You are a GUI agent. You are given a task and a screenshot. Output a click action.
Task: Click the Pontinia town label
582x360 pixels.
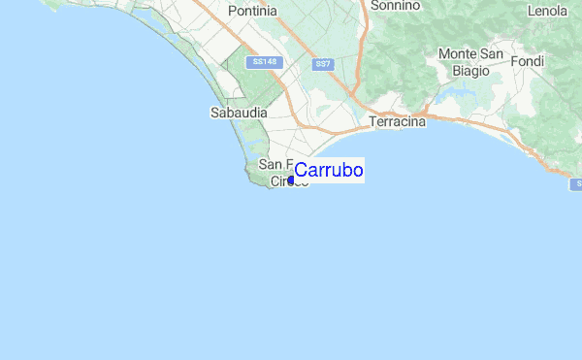click(x=252, y=11)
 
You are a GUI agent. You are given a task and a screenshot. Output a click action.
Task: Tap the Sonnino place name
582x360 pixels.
click(x=396, y=5)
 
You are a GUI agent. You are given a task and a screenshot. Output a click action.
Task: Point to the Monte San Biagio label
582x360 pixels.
click(x=470, y=61)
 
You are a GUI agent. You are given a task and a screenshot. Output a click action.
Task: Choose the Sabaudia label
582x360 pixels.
click(x=234, y=113)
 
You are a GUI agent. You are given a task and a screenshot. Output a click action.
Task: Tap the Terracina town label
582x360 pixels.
click(x=398, y=122)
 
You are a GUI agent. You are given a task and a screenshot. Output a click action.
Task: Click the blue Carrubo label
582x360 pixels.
click(x=329, y=171)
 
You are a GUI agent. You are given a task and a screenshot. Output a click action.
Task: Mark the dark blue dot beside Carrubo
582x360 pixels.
click(x=291, y=179)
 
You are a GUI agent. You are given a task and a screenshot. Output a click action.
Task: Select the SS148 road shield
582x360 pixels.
click(x=263, y=62)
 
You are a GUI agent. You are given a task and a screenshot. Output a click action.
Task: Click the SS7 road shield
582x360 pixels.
click(x=323, y=64)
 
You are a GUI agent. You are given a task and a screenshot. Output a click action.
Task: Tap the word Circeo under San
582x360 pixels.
click(x=288, y=181)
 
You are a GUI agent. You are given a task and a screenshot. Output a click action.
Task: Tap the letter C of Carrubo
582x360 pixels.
click(x=301, y=171)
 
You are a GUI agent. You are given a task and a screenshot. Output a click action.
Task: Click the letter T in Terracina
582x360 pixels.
click(x=373, y=122)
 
